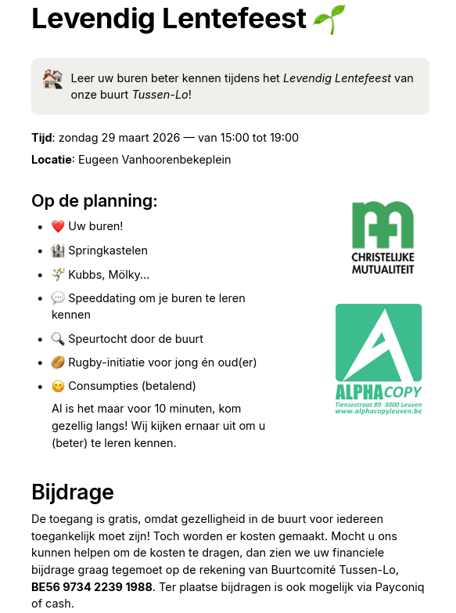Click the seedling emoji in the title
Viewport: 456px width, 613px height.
tap(329, 19)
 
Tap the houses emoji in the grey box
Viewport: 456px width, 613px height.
tap(52, 79)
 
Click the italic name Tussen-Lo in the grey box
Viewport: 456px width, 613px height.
tap(160, 95)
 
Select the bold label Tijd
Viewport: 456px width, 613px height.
tap(41, 138)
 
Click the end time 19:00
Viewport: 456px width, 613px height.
tap(283, 138)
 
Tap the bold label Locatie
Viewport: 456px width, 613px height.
tap(52, 160)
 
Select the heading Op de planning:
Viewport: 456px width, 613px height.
tap(94, 201)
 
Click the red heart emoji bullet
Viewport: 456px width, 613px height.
tap(58, 227)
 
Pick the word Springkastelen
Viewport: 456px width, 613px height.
tap(108, 251)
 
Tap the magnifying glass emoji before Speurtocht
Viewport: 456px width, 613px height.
tap(58, 339)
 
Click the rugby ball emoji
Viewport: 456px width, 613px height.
tap(58, 362)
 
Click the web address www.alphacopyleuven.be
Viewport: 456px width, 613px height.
tap(379, 410)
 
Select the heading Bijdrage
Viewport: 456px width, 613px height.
tap(73, 492)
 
